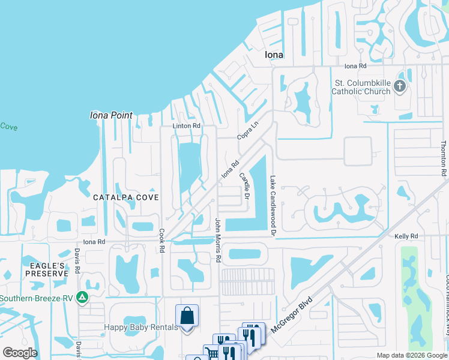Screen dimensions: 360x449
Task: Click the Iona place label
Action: coord(274,55)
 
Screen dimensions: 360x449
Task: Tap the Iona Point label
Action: coord(110,115)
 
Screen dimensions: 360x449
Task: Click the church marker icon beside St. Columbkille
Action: coord(400,87)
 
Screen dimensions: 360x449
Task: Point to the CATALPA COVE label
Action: coord(125,197)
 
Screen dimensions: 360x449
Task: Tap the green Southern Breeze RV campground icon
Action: coord(82,297)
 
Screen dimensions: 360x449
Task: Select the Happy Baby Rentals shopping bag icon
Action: coord(187,316)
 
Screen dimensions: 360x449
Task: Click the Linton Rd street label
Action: coord(186,126)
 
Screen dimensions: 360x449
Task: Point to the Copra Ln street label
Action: coord(247,130)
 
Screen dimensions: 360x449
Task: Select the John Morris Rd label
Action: coord(218,241)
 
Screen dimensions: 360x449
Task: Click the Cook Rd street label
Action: coord(161,239)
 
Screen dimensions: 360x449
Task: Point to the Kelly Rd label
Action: coord(405,236)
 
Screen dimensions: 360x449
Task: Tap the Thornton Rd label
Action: coord(443,159)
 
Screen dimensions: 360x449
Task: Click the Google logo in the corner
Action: coord(20,352)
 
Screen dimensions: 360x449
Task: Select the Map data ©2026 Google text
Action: coord(411,355)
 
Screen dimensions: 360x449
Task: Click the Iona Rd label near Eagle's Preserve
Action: coord(94,241)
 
